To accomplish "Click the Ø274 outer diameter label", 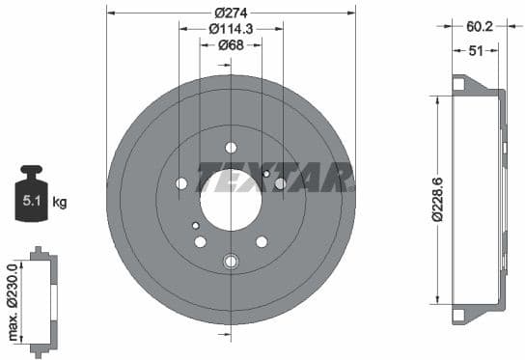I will [231, 12].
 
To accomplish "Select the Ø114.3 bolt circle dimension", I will [231, 28].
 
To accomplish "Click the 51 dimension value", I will [476, 52].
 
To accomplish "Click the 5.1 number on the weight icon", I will [31, 202].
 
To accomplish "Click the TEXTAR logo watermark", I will [275, 178].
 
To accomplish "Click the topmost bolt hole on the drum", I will [231, 148].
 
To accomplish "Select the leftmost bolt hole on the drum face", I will [181, 183].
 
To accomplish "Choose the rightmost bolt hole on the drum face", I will [281, 183].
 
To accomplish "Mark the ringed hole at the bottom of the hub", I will [231, 261].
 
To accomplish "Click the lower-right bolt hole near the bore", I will [262, 241].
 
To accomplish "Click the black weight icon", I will [31, 196].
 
